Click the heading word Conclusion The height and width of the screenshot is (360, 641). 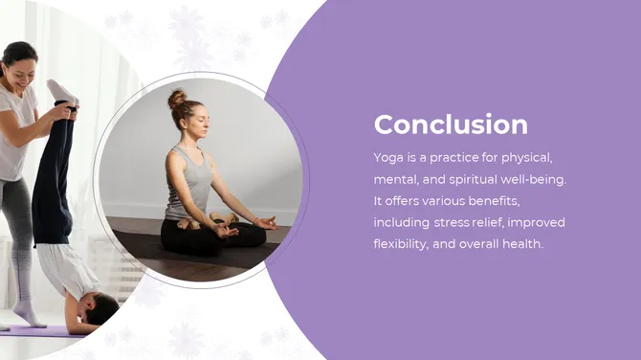tap(450, 124)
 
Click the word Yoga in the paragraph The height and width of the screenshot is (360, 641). tap(388, 157)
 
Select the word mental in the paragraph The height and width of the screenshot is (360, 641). tap(393, 179)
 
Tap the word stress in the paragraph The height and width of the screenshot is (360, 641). tap(453, 222)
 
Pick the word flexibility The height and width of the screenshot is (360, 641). tap(401, 244)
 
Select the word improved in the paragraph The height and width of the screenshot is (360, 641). tap(538, 222)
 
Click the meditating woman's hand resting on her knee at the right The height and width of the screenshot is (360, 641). tap(265, 223)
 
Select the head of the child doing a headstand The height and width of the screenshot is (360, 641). tap(99, 308)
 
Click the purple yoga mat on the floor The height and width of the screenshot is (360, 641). tap(38, 330)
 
